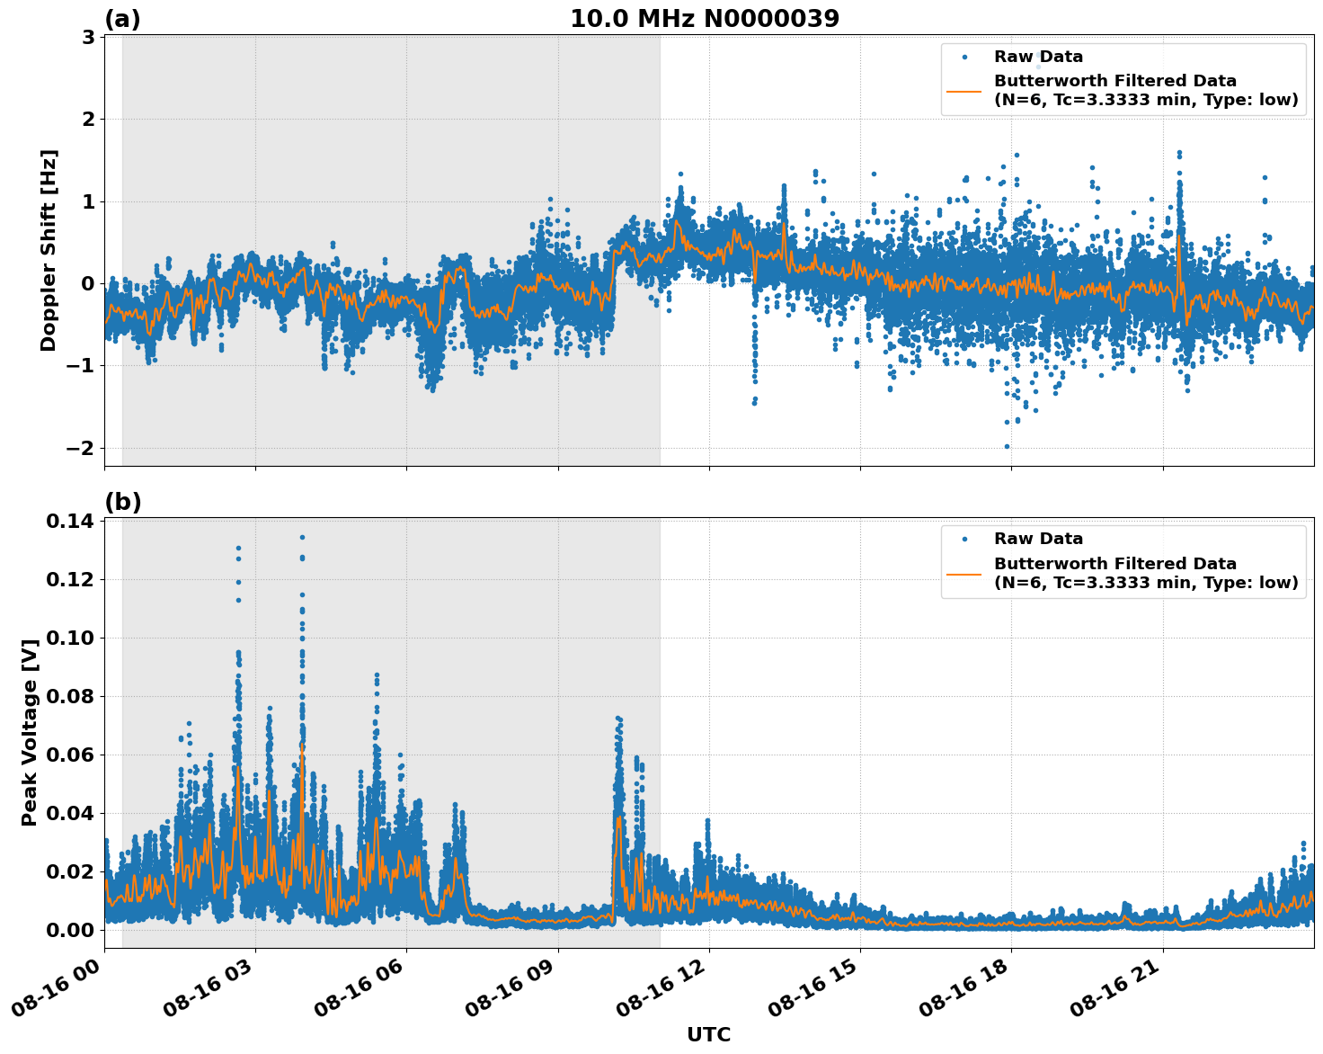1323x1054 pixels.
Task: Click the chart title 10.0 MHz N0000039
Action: pyautogui.click(x=705, y=19)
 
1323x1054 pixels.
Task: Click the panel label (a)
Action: pyautogui.click(x=122, y=19)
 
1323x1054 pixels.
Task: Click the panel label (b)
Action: pyautogui.click(x=122, y=502)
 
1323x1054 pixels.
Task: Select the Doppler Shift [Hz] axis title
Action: pyautogui.click(x=49, y=250)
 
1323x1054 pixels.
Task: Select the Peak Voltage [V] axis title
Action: pyautogui.click(x=30, y=732)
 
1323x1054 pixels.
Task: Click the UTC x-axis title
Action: pyautogui.click(x=708, y=1034)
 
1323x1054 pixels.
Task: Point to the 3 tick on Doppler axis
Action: pyautogui.click(x=88, y=37)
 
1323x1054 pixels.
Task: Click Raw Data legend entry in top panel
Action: pyautogui.click(x=1038, y=57)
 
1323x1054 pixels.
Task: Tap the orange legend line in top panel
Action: pyautogui.click(x=963, y=91)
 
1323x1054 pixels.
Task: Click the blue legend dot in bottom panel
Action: pyautogui.click(x=963, y=539)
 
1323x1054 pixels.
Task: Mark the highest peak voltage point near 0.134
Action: pyautogui.click(x=302, y=537)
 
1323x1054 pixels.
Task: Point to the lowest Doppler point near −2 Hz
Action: pyautogui.click(x=1006, y=446)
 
